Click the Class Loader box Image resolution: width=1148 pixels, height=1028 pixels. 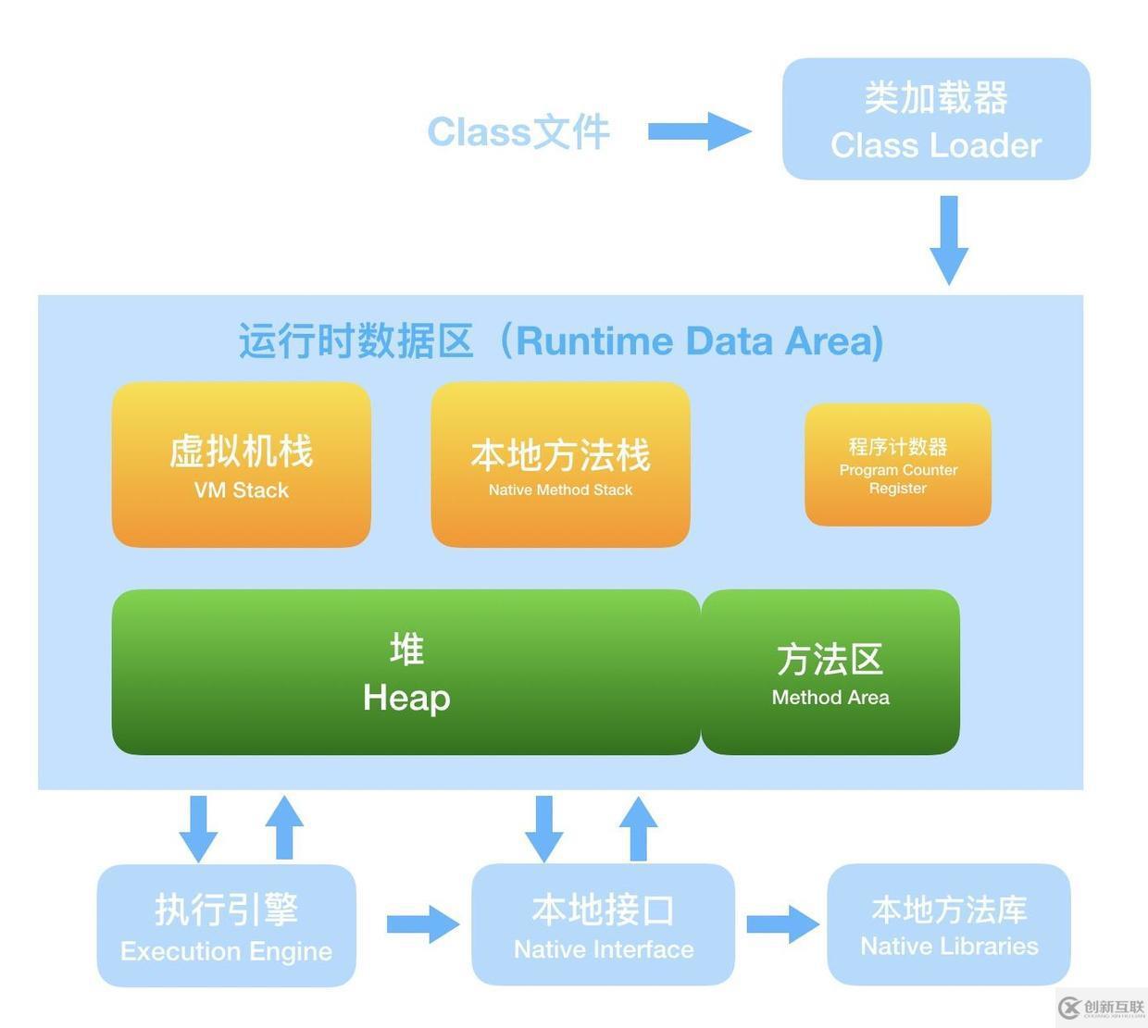[936, 119]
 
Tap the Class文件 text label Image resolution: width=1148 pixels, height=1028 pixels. [518, 132]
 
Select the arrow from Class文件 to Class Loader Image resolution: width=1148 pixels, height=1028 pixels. [698, 131]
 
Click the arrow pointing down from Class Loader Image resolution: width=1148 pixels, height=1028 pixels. [949, 239]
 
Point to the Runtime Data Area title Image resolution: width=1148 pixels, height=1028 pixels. [561, 341]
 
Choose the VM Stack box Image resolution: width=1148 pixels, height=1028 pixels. [242, 464]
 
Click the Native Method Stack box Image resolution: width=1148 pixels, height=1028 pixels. [560, 464]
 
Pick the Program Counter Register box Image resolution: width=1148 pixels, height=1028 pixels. [898, 464]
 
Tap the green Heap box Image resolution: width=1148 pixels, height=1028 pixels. [406, 673]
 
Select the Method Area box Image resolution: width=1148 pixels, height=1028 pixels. [830, 673]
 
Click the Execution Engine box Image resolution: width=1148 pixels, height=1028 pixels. [227, 925]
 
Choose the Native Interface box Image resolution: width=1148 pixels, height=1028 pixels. [603, 924]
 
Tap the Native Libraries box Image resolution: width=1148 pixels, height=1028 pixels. [949, 924]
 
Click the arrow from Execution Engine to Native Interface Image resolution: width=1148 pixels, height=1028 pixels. [422, 923]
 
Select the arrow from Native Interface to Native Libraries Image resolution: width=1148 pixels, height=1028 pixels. [782, 923]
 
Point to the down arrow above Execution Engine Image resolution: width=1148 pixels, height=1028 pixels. [198, 828]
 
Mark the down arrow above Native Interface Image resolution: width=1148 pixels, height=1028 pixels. [543, 828]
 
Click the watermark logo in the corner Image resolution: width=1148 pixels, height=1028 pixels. [1101, 1008]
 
